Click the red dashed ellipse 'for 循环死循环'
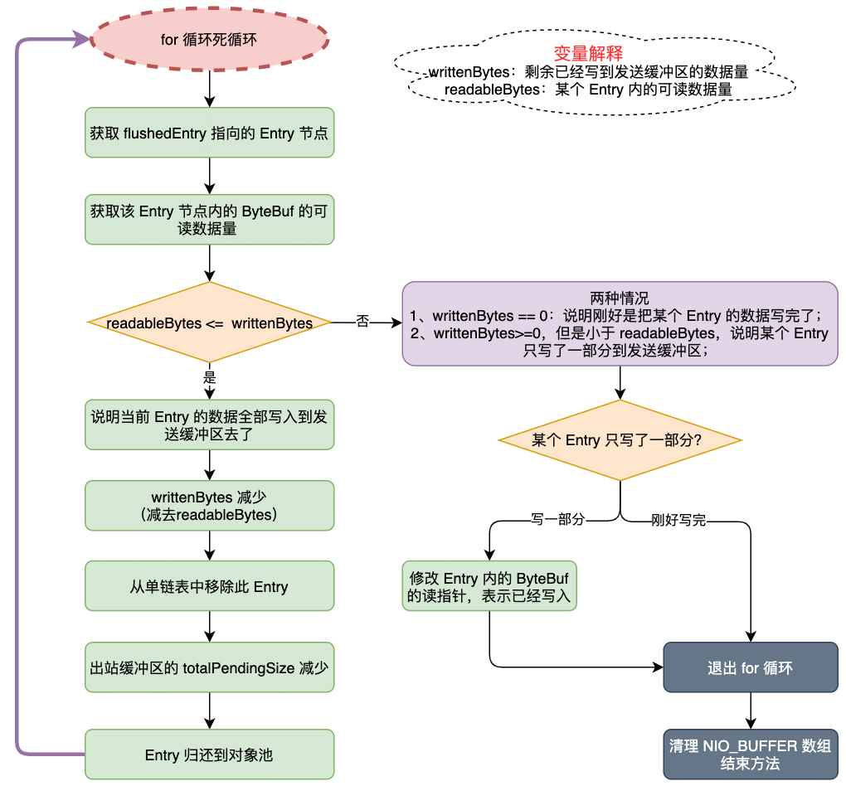click(209, 39)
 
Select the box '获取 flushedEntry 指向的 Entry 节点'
click(209, 133)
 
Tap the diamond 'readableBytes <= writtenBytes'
click(209, 323)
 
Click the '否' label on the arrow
click(362, 321)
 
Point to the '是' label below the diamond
click(209, 376)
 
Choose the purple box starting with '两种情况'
click(620, 323)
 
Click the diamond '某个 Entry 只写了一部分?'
click(620, 440)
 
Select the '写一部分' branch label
click(557, 520)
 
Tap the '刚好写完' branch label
click(678, 522)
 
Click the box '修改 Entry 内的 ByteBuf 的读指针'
click(489, 587)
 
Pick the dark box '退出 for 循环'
click(750, 667)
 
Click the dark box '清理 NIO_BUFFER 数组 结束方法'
click(750, 754)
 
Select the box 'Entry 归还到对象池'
click(209, 754)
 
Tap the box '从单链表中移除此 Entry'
click(209, 586)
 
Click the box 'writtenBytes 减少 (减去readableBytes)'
click(209, 506)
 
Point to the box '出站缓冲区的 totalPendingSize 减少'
click(209, 667)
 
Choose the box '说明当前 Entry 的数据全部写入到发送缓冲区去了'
click(209, 425)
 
